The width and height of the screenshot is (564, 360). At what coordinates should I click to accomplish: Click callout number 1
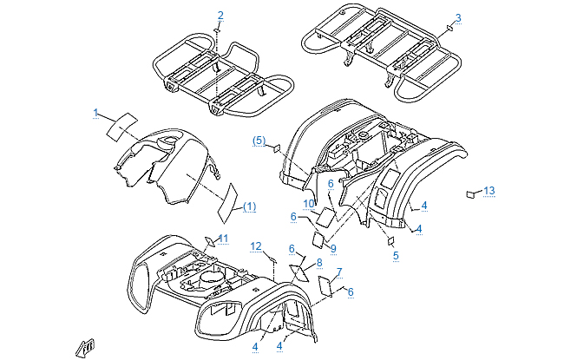point(97,113)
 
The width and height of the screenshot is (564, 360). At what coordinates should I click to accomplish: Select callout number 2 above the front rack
point(220,16)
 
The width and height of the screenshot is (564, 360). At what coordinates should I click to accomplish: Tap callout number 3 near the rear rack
point(458,17)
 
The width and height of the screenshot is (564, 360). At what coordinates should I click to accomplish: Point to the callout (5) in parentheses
point(259,140)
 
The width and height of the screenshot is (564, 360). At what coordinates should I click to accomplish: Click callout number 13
point(489,190)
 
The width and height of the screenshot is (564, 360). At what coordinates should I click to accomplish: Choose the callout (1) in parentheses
point(249,206)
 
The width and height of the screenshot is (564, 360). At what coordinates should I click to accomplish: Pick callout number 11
point(223,239)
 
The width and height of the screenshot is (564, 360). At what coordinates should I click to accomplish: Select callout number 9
point(332,224)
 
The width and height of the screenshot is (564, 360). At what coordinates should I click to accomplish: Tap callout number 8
point(318,262)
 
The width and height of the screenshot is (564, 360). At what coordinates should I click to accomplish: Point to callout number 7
point(338,272)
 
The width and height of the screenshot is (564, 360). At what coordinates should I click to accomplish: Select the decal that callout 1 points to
point(121,123)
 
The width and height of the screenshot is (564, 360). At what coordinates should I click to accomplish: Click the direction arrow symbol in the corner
point(85,347)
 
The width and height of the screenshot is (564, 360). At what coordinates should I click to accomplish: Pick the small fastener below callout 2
point(217,30)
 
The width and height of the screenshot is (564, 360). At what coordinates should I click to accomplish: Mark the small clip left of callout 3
point(449,28)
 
